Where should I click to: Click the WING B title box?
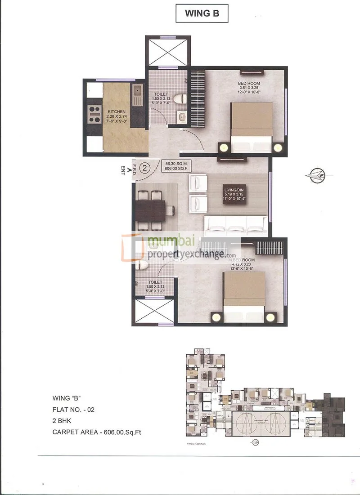point(202,13)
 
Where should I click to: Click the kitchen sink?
point(137,92)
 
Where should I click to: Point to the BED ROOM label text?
point(249,84)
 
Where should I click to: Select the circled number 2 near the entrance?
point(145,168)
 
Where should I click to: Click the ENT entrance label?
point(123,171)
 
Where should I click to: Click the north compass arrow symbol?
point(317,175)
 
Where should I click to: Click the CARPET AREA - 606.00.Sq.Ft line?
point(99,433)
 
